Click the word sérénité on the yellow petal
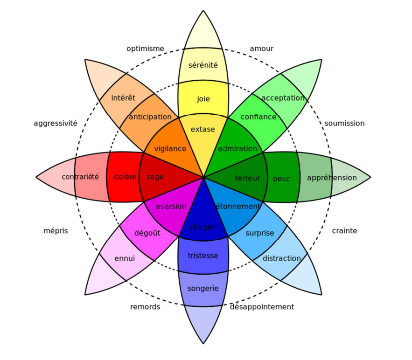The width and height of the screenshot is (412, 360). click(203, 65)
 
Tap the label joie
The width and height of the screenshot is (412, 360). click(203, 99)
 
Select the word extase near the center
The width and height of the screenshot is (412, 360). click(203, 129)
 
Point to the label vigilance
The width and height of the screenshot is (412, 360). click(170, 149)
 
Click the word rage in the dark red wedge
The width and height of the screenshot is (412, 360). click(155, 177)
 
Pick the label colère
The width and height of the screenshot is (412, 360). click(125, 177)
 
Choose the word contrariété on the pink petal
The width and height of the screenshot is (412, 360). click(80, 177)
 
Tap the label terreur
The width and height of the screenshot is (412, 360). click(247, 178)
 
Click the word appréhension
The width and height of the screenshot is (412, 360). click(332, 178)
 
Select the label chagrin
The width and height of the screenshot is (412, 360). click(203, 227)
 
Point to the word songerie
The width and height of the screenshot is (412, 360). click(203, 289)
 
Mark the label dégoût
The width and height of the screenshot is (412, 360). click(147, 233)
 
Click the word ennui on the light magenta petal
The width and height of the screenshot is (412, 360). click(125, 258)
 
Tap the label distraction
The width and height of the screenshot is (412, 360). click(282, 258)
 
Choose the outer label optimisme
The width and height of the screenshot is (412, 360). click(145, 48)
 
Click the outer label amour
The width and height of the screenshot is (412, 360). click(261, 48)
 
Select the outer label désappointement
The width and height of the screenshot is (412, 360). click(262, 307)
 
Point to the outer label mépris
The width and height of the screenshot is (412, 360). click(56, 230)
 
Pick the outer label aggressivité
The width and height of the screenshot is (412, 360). click(56, 124)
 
